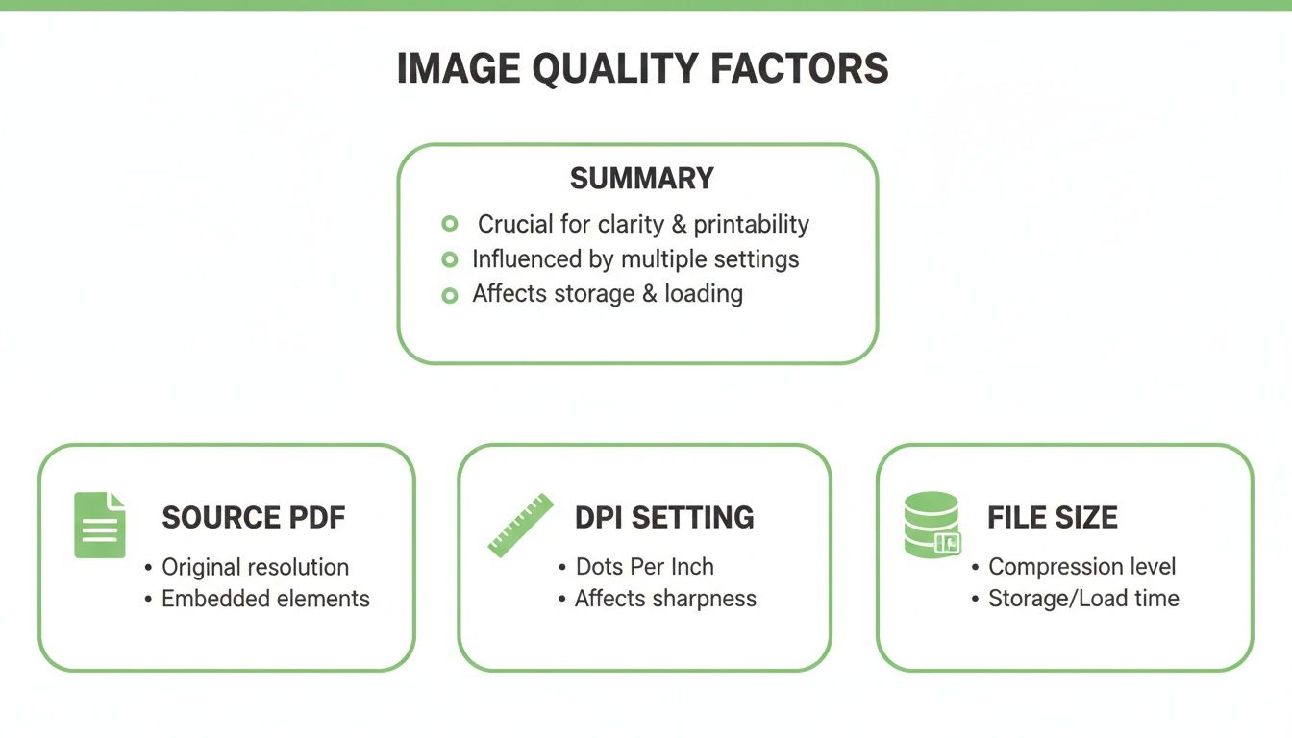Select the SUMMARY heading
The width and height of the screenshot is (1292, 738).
(x=641, y=179)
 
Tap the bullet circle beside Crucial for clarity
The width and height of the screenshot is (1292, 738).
(x=449, y=224)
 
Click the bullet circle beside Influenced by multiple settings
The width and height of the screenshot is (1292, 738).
(x=449, y=259)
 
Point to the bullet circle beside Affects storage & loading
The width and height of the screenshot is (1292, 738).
(x=449, y=295)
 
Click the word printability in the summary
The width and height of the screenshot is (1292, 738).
(x=751, y=225)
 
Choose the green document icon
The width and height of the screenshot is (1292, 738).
(x=100, y=525)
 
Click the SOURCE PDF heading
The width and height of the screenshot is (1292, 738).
(x=253, y=518)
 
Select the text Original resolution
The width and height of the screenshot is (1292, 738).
(x=255, y=567)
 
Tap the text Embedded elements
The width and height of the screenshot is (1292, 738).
(x=265, y=599)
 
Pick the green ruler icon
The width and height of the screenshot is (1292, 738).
(x=519, y=525)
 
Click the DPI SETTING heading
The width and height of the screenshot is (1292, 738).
(x=664, y=518)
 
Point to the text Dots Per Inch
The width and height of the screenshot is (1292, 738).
(x=644, y=567)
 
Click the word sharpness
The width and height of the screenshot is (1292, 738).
(x=705, y=599)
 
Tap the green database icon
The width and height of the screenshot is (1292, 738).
(x=932, y=525)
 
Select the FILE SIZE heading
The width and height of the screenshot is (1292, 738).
(x=1052, y=518)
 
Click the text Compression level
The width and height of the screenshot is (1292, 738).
(x=1081, y=567)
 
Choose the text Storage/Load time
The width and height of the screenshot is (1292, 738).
(x=1083, y=599)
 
